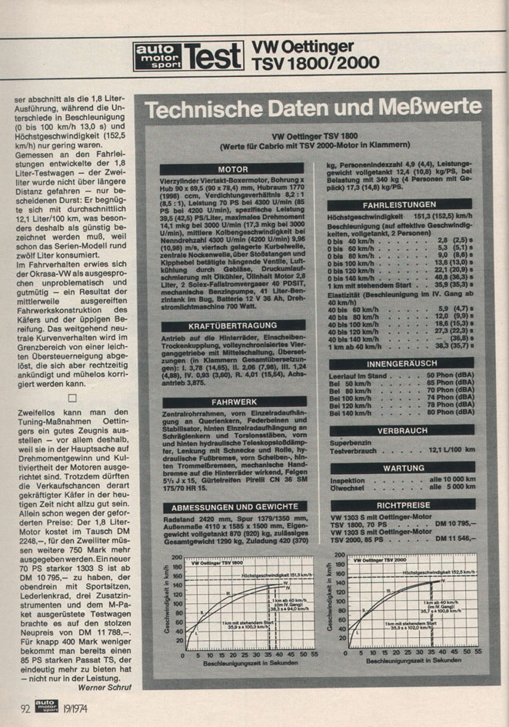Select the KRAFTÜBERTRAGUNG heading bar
pos(233,327)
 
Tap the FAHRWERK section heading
pos(233,401)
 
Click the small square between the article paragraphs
pos(72,398)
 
